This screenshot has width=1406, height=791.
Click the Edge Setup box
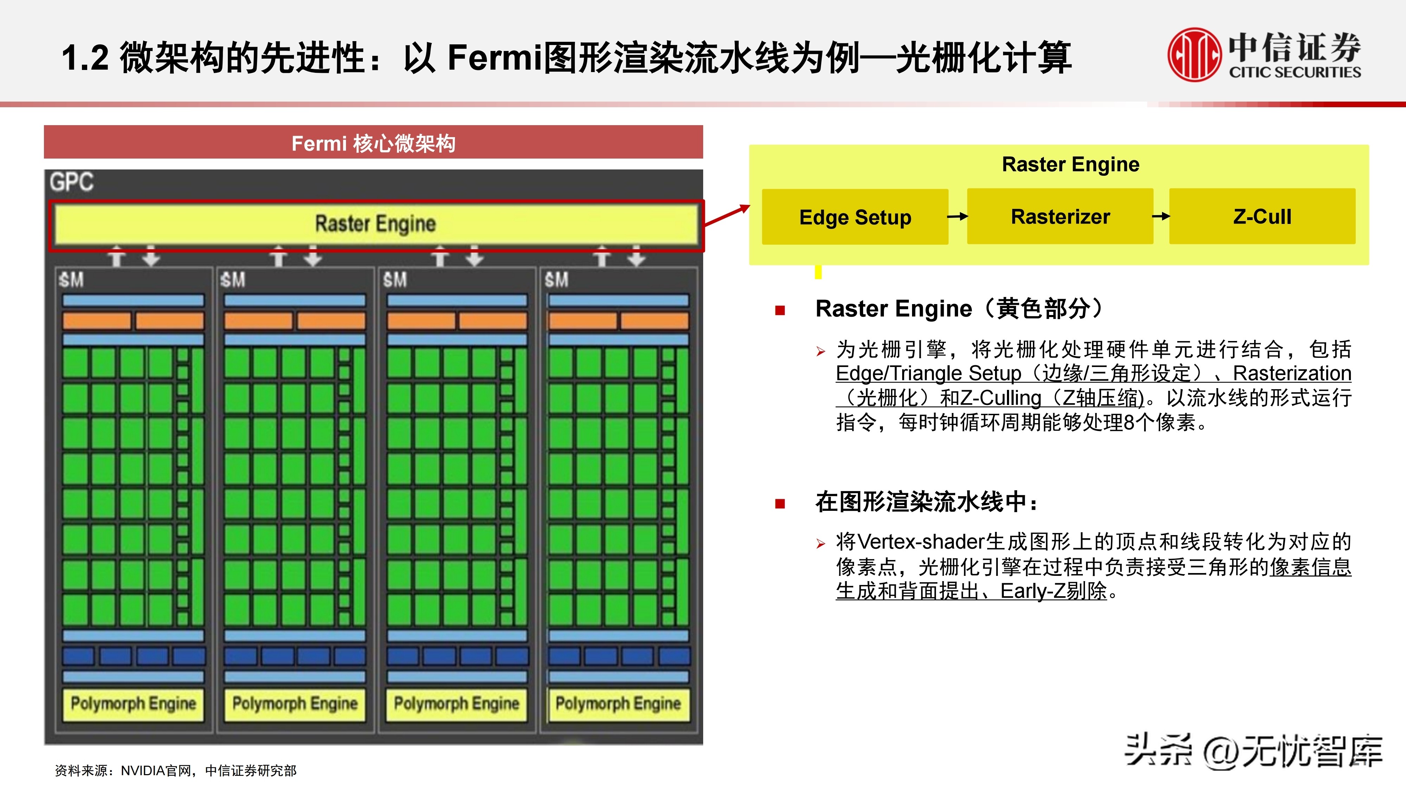click(855, 217)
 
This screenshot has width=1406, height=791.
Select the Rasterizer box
click(1060, 216)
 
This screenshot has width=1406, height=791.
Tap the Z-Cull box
click(1262, 216)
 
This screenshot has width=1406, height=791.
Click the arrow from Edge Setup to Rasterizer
click(957, 217)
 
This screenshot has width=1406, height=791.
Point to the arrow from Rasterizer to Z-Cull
click(1161, 216)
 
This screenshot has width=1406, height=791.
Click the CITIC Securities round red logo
click(1194, 54)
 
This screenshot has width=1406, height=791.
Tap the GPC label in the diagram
click(71, 182)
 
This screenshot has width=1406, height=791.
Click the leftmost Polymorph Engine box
click(133, 704)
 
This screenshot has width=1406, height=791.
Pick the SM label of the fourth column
click(556, 280)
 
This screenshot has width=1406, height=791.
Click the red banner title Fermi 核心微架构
click(373, 143)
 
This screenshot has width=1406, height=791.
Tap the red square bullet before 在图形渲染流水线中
click(780, 503)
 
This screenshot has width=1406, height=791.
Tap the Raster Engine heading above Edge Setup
click(1070, 164)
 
